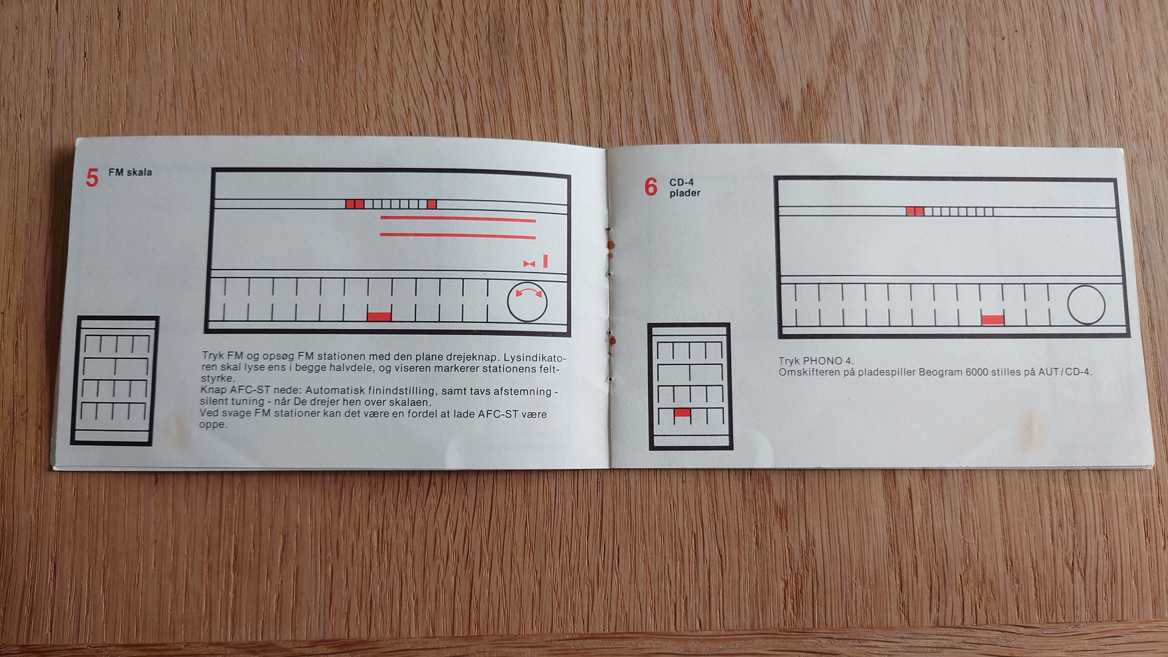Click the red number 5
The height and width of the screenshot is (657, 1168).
point(92,178)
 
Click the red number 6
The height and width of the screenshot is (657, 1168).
point(651,187)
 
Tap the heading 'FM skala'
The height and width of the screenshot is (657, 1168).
point(130,172)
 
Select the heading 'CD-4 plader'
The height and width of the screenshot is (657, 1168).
point(685,187)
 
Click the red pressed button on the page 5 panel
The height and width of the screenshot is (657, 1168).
point(379,316)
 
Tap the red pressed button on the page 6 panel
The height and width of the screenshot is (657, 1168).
point(993,320)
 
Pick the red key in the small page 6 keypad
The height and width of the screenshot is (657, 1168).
point(683,413)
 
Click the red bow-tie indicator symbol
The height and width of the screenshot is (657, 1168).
point(529,264)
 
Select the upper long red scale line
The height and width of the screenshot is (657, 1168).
point(458,219)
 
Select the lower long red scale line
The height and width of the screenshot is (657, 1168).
point(458,236)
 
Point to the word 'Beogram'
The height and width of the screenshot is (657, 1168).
point(941,372)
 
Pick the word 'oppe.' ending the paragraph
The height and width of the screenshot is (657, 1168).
point(214,425)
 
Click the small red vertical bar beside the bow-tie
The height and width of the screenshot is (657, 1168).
point(545,261)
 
